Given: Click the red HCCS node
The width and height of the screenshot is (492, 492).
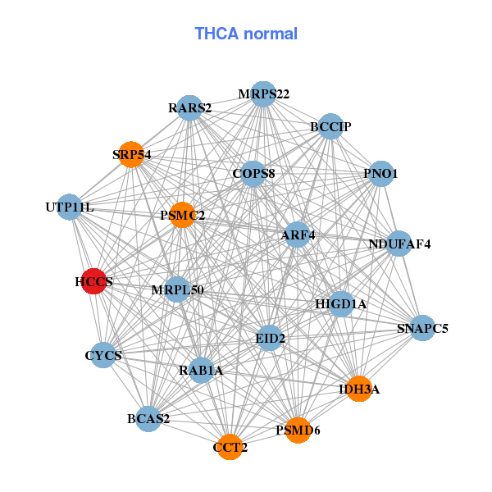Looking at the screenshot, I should coord(94,280).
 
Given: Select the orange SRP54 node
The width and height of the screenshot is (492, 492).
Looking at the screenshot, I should coord(131,154).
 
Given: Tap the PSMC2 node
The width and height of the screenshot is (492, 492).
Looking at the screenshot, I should coord(182,215).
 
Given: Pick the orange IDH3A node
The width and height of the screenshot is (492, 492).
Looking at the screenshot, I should coord(358,389).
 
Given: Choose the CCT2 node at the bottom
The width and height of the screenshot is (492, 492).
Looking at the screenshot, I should coord(230,447).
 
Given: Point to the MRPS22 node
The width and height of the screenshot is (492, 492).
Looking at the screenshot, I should coord(263,94).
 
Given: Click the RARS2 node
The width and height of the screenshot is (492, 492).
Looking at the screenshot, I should coord(190,108).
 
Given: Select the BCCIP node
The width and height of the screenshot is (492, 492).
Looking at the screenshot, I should coord(330,126).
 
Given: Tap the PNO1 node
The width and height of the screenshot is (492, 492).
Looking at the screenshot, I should coord(380,174).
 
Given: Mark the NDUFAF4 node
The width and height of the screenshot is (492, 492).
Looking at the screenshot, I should coord(399,244).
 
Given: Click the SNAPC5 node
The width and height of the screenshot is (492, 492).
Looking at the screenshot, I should coord(422,328).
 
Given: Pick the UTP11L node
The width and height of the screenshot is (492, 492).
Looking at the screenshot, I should coord(71,207).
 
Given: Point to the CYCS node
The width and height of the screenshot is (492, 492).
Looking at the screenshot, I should coord(103,355).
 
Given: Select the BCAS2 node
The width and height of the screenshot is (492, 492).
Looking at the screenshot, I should coord(149,418).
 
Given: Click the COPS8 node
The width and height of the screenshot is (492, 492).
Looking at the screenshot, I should coord(253,173).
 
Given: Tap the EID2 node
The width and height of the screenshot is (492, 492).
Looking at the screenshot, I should coord(270,337).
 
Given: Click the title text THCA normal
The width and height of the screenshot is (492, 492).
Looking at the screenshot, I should coord(246,34).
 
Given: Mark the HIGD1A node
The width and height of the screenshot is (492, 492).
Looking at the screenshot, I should coord(341,304).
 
